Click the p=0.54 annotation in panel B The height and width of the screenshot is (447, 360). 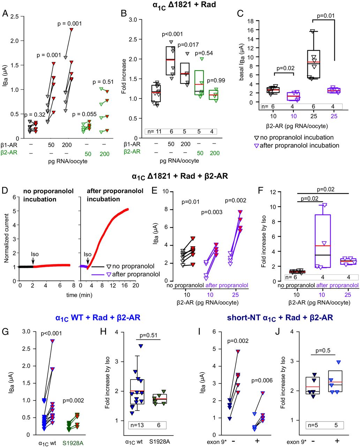[x=205, y=53]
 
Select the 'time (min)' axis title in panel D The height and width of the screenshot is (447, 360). [x=78, y=295]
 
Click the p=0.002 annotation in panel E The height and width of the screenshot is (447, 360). [x=236, y=200]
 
